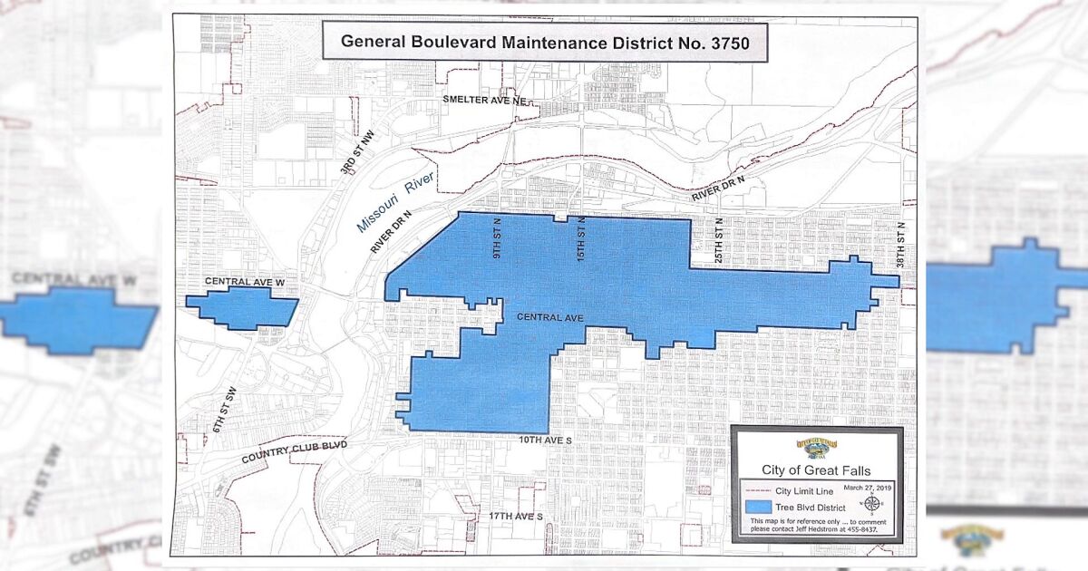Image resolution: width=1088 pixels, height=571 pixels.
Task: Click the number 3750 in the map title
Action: point(723,42)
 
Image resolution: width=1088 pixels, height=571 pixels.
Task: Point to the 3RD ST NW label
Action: point(352,155)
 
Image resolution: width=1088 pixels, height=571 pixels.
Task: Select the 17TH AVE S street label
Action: point(514,516)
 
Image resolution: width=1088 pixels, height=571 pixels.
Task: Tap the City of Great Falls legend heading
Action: point(816,469)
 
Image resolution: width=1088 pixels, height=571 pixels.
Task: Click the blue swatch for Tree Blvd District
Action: point(759,506)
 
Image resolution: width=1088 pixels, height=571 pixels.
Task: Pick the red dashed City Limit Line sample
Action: point(759,490)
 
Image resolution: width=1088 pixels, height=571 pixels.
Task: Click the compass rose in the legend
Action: point(871,504)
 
